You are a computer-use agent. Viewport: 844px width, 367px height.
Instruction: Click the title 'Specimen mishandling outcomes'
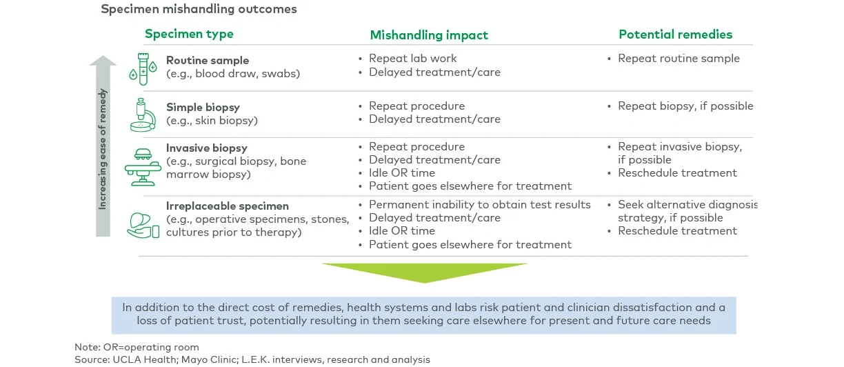tap(199, 10)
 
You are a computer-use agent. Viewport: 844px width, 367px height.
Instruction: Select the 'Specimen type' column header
tap(189, 34)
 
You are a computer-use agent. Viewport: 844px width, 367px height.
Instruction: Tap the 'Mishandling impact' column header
tap(429, 35)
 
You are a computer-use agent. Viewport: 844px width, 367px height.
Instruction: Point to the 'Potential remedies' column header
tap(675, 34)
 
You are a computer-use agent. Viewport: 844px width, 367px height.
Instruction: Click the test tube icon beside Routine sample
tap(143, 68)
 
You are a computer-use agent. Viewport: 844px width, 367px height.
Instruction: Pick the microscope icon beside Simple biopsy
tap(143, 115)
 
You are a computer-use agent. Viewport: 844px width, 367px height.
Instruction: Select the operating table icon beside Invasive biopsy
tap(143, 166)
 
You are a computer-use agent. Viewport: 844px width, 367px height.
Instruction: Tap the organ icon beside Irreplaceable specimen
tap(143, 224)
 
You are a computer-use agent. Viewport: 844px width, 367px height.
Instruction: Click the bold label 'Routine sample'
tap(208, 61)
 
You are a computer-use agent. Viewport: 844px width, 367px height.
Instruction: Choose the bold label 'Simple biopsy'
tap(203, 108)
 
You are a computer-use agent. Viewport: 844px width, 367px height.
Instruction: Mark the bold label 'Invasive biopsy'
tap(207, 148)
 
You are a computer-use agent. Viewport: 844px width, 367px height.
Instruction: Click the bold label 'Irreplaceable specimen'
tap(228, 206)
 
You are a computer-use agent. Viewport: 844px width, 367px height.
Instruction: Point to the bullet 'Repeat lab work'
tap(412, 59)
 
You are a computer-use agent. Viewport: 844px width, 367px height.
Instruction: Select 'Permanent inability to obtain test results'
tap(479, 205)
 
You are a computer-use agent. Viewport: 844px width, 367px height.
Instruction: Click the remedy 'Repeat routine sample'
tap(679, 59)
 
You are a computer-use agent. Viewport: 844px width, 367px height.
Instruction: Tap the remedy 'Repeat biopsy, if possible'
tap(685, 106)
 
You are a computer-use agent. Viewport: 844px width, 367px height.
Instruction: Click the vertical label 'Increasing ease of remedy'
tap(103, 149)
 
